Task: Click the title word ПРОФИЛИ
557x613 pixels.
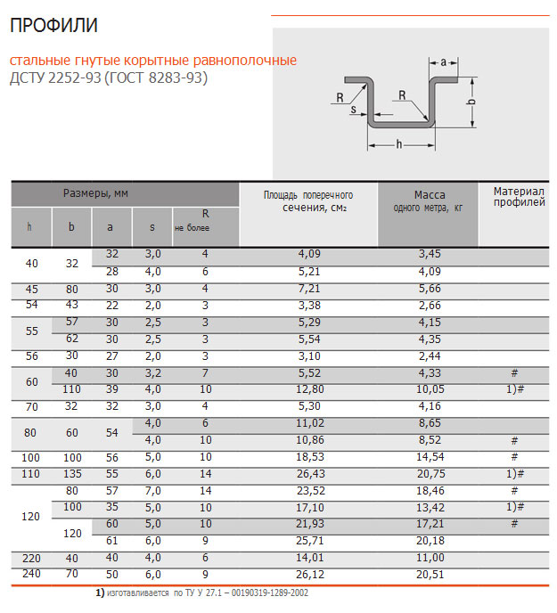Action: [53, 26]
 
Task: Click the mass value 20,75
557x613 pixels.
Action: [430, 472]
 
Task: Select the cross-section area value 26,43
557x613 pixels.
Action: [308, 472]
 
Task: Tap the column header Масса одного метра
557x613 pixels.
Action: [429, 200]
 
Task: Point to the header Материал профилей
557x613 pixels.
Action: [519, 196]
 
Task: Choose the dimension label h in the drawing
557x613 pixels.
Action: [398, 143]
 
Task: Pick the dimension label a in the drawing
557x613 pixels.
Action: [445, 61]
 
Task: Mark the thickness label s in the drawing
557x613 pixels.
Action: [354, 110]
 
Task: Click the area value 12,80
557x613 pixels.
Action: [308, 389]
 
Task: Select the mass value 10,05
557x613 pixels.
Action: [430, 389]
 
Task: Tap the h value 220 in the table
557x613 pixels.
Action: [32, 558]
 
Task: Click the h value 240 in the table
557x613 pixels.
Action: [32, 573]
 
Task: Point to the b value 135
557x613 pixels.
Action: [71, 472]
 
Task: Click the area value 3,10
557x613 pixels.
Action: [308, 355]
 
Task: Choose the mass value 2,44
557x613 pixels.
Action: [430, 355]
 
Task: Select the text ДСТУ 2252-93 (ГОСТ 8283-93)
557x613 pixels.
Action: [108, 78]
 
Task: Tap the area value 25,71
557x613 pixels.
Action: [308, 540]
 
